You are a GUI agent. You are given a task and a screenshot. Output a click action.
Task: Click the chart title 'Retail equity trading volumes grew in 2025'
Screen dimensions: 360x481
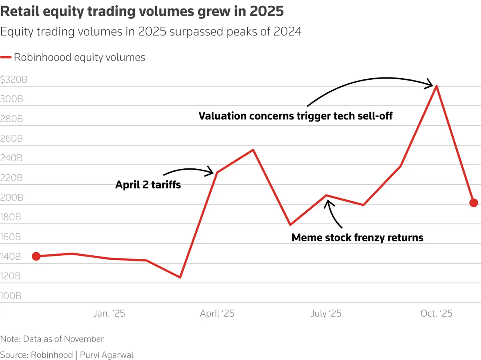coord(142,11)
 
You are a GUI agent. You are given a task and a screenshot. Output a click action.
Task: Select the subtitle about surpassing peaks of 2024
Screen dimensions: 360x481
coord(151,32)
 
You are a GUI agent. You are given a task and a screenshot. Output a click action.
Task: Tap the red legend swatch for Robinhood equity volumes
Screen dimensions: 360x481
coord(6,57)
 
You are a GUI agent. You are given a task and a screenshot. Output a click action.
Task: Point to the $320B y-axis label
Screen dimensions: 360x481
coord(14,79)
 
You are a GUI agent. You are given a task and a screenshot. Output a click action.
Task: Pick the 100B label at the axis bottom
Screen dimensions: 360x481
coord(11,296)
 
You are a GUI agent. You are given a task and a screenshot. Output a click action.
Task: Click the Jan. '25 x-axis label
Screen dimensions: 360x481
coord(109,313)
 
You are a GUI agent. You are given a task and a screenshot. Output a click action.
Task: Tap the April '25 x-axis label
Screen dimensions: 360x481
coord(217,313)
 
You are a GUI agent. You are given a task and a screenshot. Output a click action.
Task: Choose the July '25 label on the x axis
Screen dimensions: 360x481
coord(326,313)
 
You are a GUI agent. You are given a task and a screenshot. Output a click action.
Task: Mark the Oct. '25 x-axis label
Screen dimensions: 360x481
coord(436,313)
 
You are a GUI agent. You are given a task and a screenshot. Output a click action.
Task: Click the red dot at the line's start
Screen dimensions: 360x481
coord(36,256)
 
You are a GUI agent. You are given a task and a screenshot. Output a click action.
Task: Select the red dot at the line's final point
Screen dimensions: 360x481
coord(473,203)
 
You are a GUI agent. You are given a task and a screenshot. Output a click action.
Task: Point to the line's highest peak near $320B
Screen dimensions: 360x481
coord(437,86)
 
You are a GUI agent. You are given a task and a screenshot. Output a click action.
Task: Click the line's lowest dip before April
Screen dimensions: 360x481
coord(180,277)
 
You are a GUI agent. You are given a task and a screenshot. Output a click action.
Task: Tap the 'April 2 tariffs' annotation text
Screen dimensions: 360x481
coord(148,185)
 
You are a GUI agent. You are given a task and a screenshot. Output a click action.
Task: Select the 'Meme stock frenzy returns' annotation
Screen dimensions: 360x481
coord(357,237)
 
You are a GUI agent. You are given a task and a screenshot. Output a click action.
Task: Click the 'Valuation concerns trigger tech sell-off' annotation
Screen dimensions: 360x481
coord(295,116)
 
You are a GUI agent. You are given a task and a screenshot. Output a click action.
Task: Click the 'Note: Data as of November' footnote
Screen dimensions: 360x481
coord(52,339)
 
